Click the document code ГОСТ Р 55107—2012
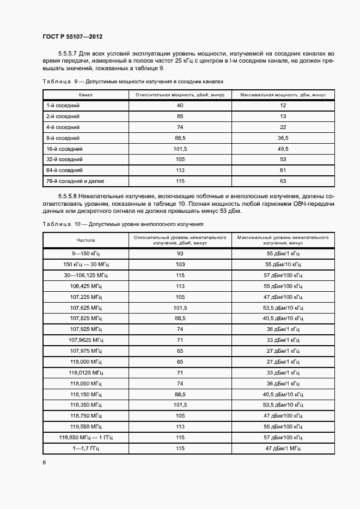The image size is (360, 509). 72,36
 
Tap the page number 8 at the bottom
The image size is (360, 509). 44,462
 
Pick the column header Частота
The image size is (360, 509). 86,240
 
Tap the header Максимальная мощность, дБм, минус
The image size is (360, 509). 283,95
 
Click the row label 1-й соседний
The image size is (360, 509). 63,105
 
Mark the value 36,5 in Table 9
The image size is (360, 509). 283,138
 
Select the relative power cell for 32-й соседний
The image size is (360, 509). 180,159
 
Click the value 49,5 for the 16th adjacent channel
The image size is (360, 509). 283,149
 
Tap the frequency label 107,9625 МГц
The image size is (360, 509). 86,340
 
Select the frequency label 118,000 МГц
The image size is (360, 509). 86,361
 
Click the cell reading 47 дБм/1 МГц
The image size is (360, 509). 283,447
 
